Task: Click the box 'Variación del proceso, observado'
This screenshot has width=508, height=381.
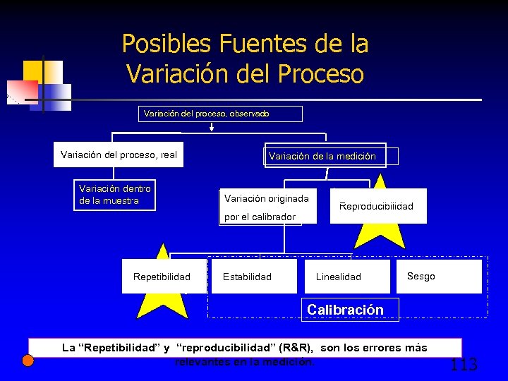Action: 206,114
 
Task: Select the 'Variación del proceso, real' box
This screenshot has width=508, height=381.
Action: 119,155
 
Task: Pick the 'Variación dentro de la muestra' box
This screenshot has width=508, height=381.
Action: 115,195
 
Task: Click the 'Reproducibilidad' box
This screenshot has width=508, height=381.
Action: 376,206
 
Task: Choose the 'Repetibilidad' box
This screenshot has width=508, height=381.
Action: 162,277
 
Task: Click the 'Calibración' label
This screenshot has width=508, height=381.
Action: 345,310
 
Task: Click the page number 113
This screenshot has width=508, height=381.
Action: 464,364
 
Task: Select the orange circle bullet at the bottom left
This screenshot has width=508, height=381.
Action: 28,361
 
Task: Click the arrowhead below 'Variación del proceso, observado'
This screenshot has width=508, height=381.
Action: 212,128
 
